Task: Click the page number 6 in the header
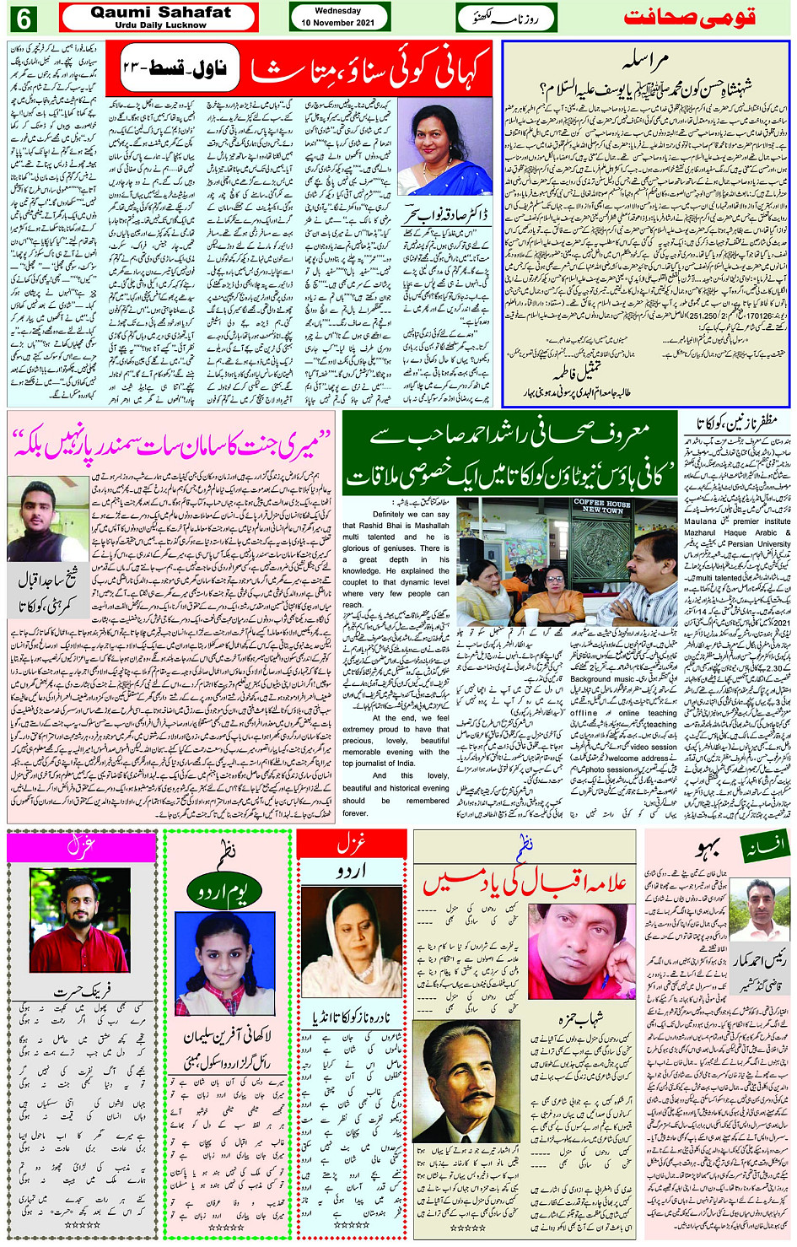[x=25, y=18]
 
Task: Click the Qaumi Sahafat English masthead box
[x=159, y=17]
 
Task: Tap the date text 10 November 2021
[x=338, y=23]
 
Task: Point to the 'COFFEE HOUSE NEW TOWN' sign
[x=602, y=506]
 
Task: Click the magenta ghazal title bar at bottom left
[x=81, y=846]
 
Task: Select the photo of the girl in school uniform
[x=224, y=963]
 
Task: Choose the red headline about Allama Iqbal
[x=525, y=880]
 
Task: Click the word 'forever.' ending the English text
[x=354, y=813]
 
